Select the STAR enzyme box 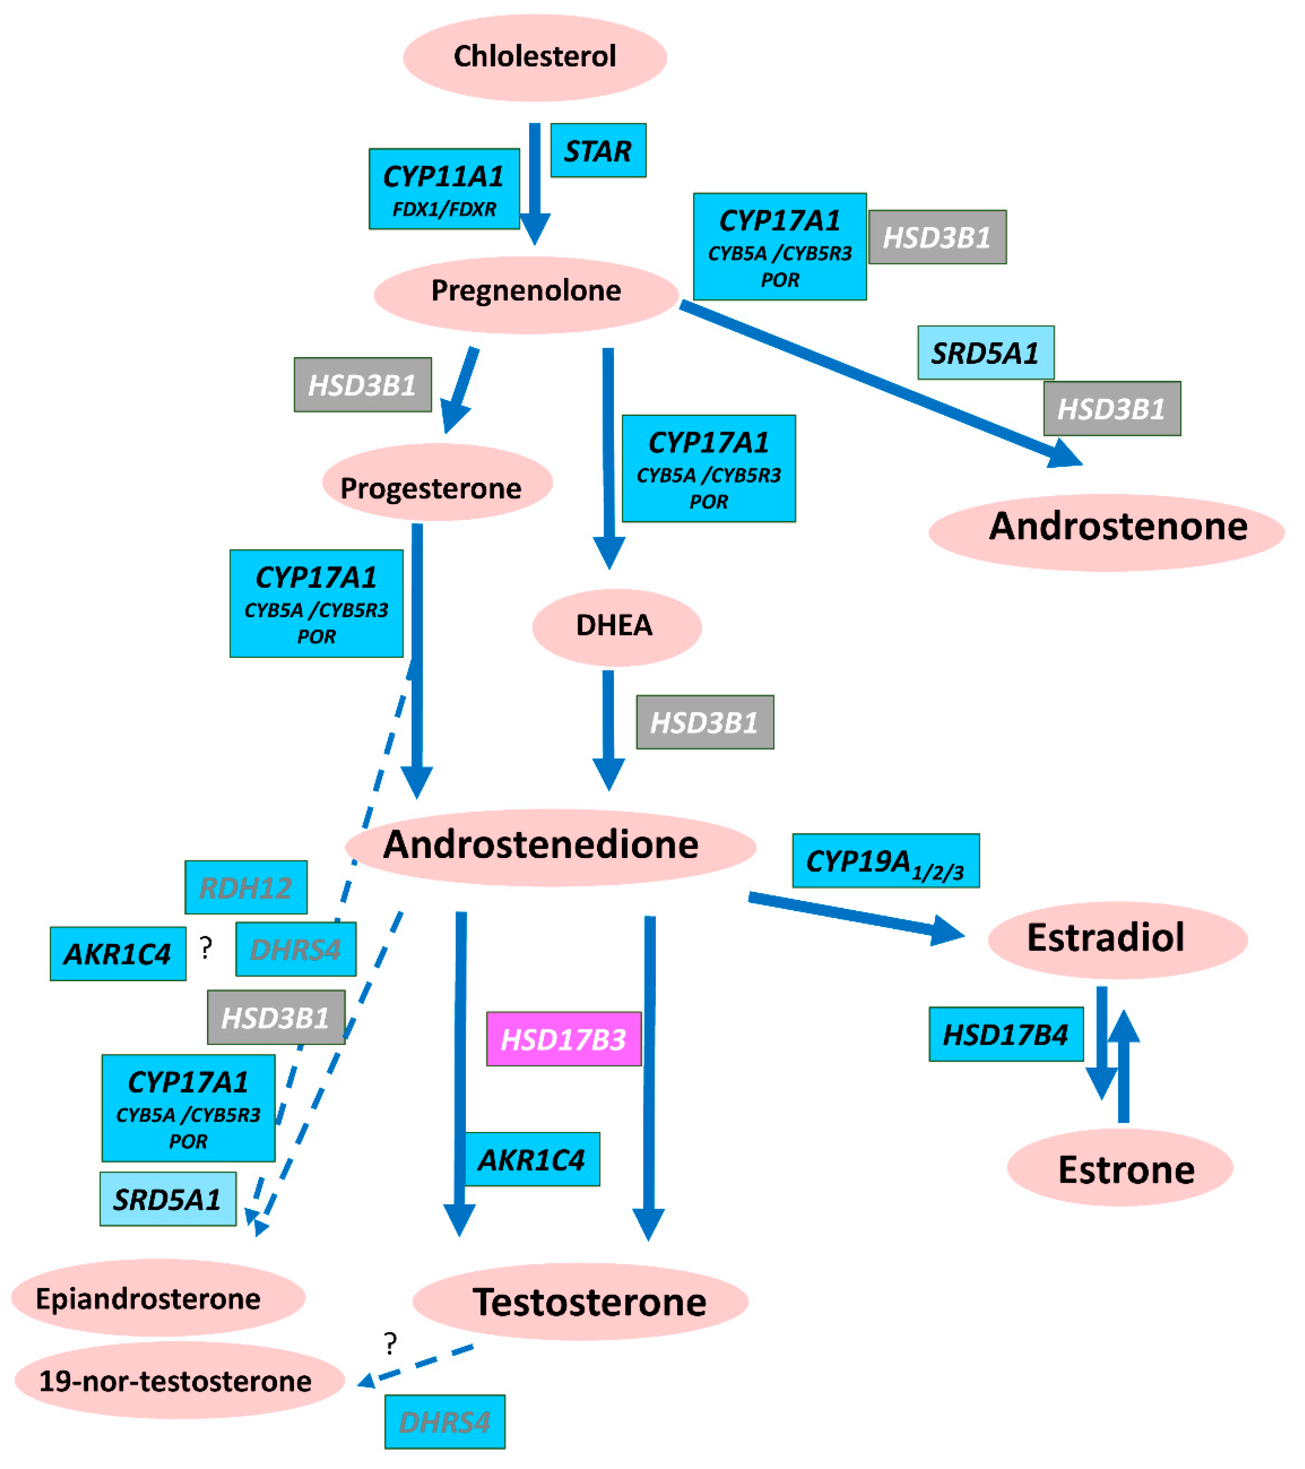[x=598, y=150]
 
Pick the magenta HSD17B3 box [x=563, y=1038]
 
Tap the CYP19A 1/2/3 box [x=885, y=860]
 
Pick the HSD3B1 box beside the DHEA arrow [x=705, y=722]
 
